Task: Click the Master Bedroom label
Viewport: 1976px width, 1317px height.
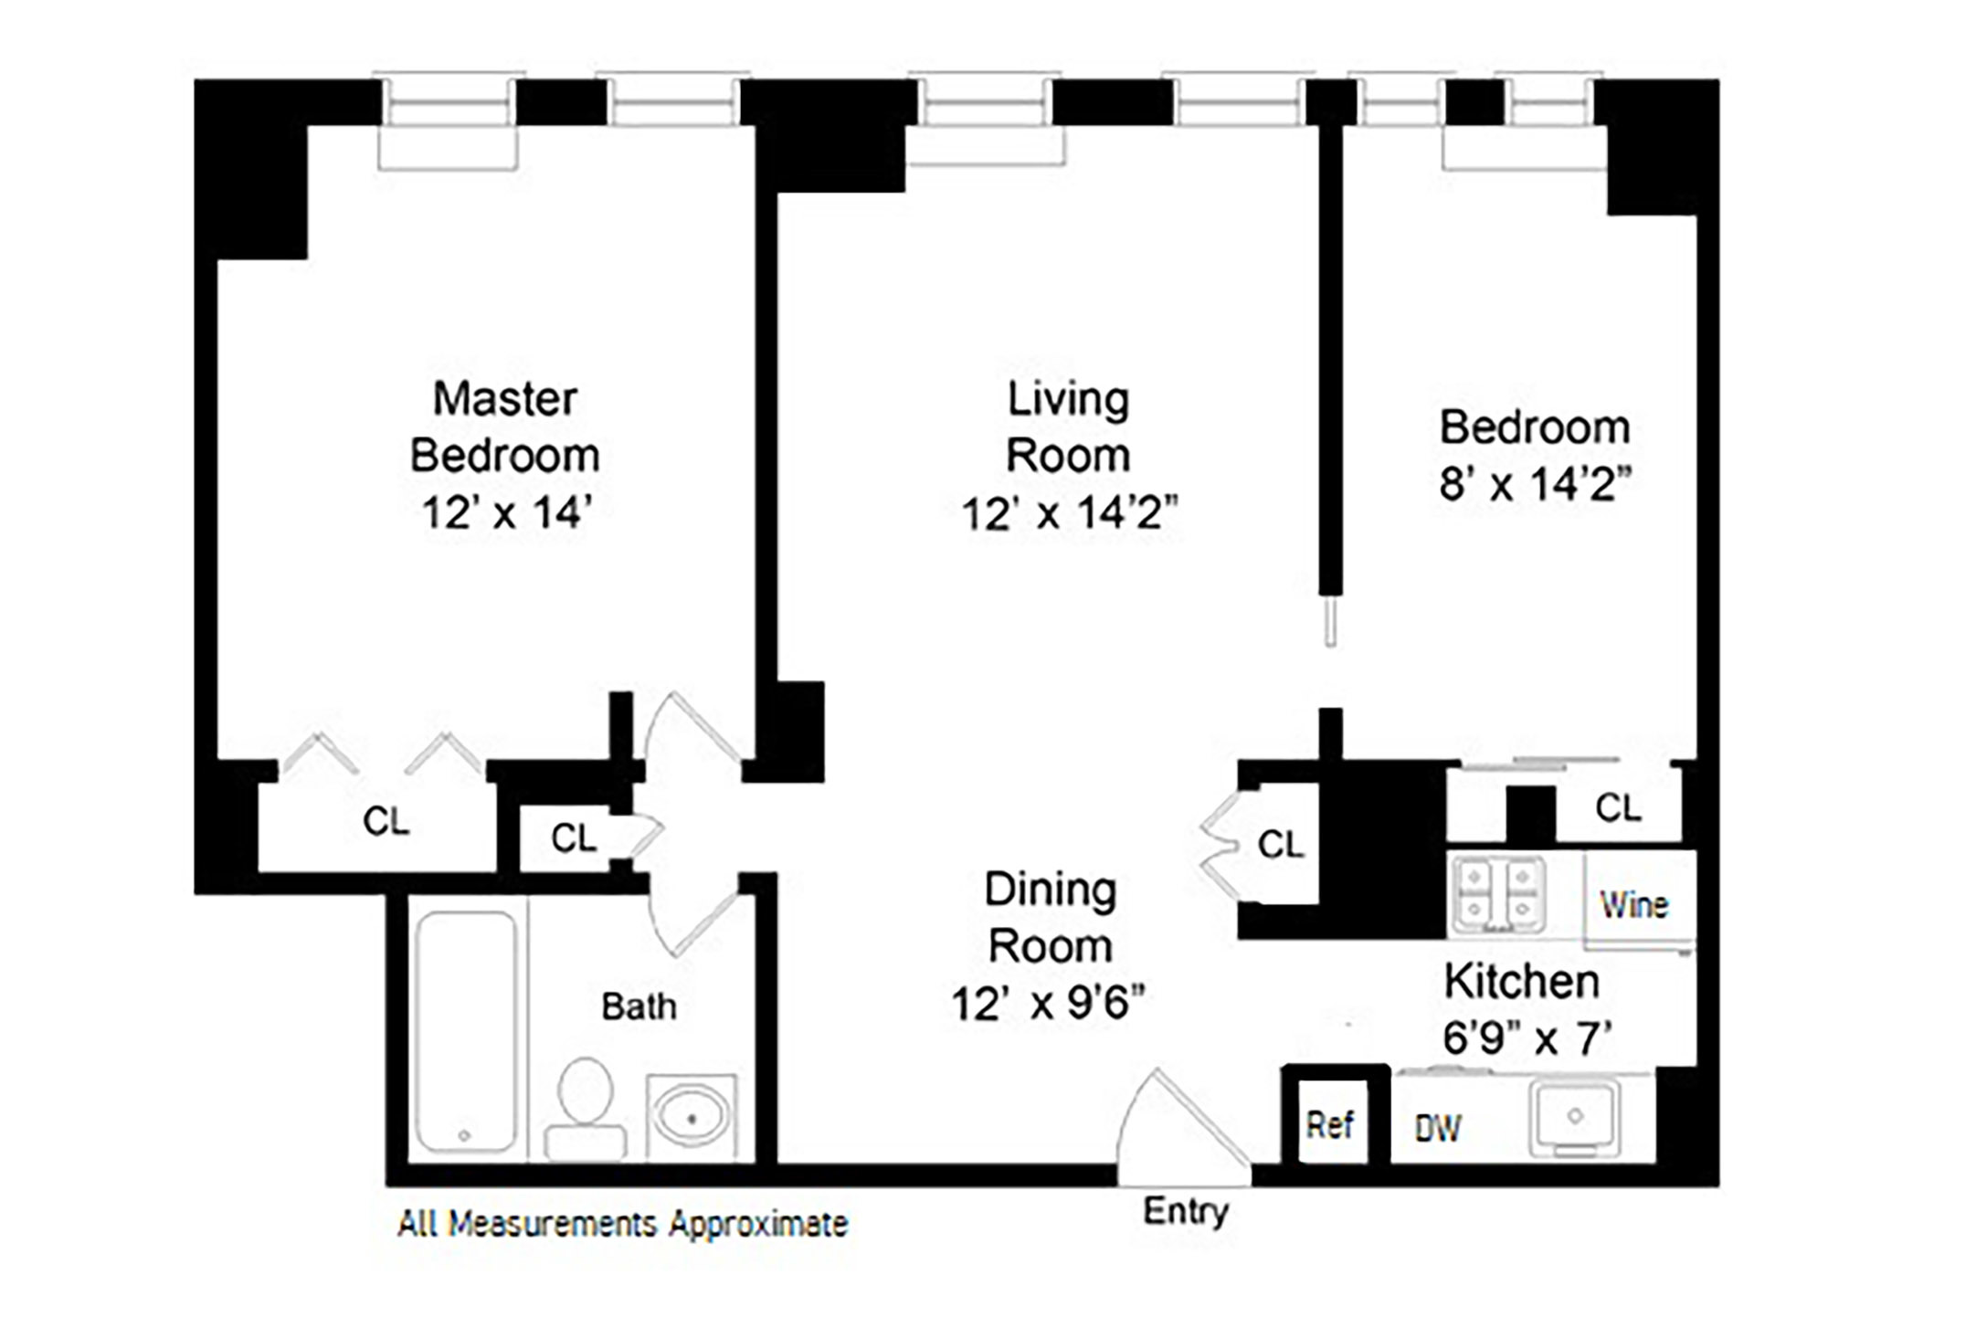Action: pos(504,427)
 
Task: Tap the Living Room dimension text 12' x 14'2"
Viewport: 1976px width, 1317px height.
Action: pos(1070,513)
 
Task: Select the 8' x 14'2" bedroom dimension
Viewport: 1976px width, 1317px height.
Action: pos(1535,484)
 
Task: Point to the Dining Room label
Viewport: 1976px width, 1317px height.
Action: pos(1051,918)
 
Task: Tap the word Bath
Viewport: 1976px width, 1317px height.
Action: pos(639,1006)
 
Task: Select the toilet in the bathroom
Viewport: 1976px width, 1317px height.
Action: pos(585,1109)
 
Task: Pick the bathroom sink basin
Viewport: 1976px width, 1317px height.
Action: pos(692,1118)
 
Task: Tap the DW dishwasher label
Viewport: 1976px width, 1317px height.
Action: pos(1437,1130)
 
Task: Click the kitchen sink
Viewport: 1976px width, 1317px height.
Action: pos(1574,1118)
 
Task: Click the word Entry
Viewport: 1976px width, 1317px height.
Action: pos(1186,1211)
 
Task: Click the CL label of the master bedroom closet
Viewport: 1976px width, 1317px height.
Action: pos(386,822)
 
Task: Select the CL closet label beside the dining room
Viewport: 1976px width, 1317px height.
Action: pos(1280,845)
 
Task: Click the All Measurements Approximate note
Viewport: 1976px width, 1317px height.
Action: pos(622,1224)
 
